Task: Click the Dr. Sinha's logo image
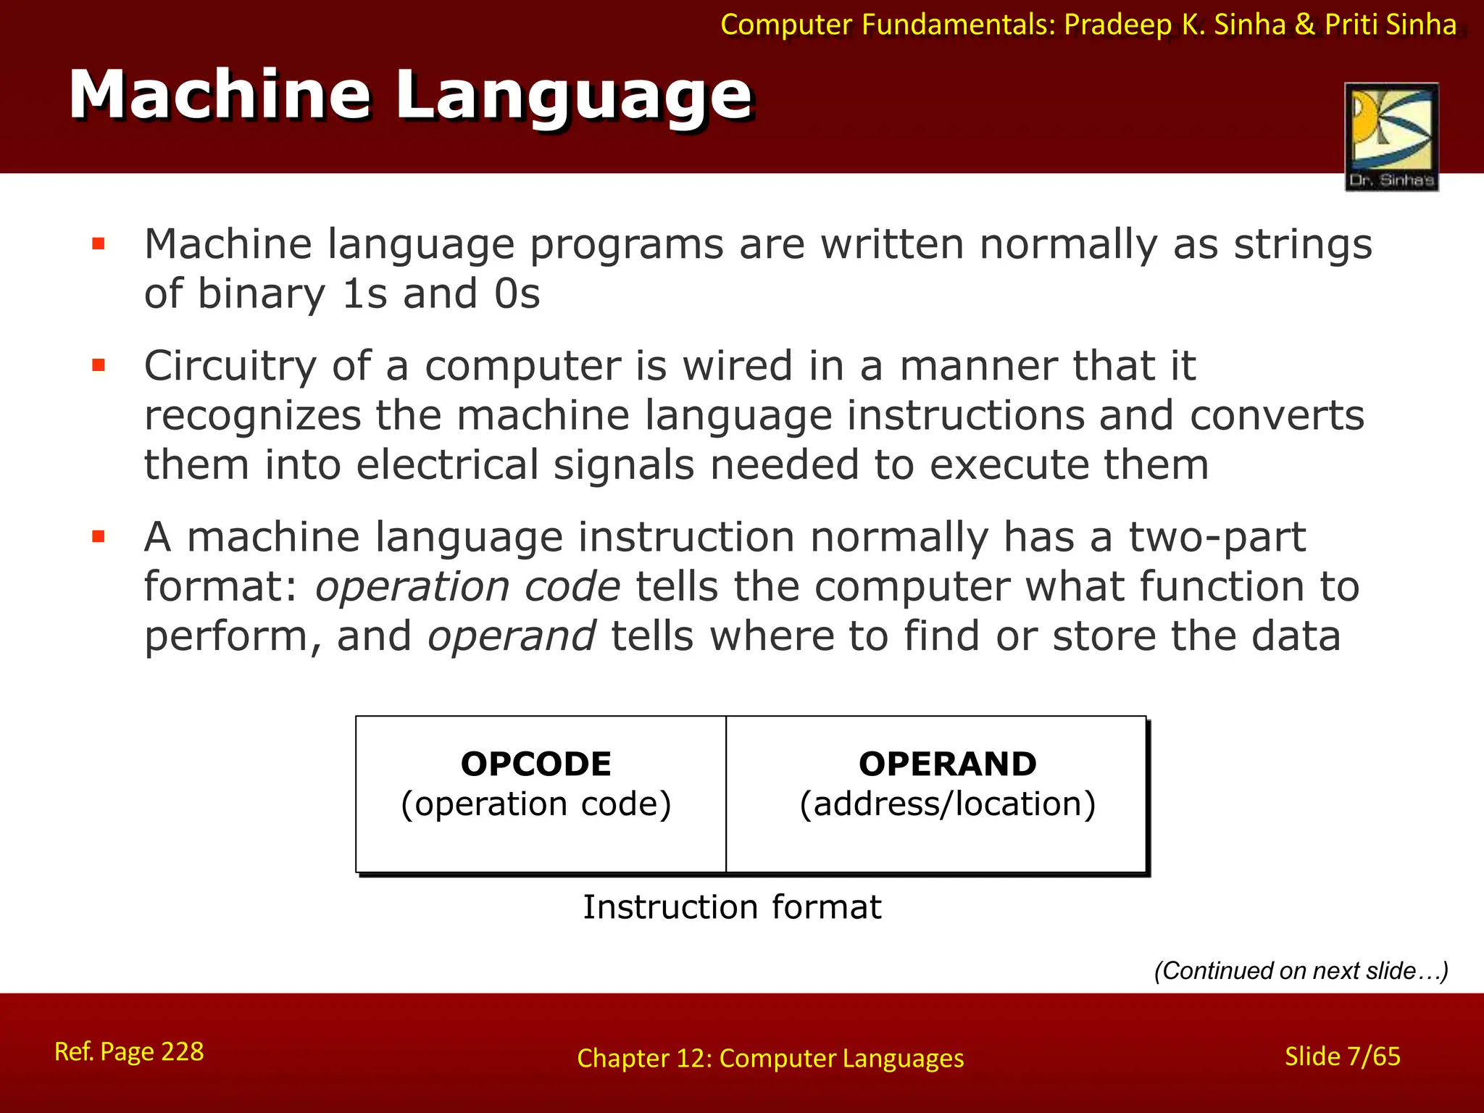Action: point(1391,136)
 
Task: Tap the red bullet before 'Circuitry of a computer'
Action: point(99,365)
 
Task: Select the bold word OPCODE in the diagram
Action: point(536,764)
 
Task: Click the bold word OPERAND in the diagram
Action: point(948,764)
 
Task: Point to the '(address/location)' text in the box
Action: point(948,804)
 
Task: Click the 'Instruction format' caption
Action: point(732,907)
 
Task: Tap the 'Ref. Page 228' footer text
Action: point(129,1051)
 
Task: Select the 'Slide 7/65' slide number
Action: point(1342,1056)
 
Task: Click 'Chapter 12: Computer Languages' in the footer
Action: point(770,1059)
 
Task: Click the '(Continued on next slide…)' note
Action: point(1301,971)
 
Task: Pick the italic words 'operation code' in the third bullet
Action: point(468,586)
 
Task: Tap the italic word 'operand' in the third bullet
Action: point(512,636)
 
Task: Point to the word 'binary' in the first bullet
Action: point(262,294)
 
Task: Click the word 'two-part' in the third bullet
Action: point(1217,538)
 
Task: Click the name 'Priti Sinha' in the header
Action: point(1391,25)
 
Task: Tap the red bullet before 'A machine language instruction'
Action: point(99,537)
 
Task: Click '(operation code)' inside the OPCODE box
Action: point(536,804)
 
